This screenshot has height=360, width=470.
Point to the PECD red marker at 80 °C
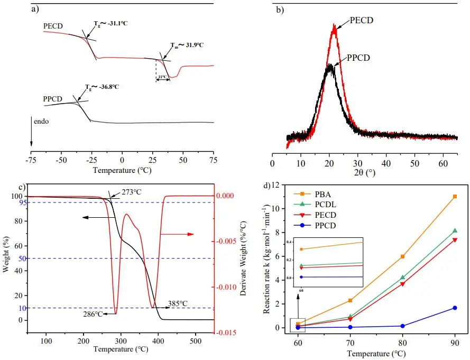coord(403,284)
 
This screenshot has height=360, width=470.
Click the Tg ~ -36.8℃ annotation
coord(102,87)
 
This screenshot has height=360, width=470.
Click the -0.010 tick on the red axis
coord(225,287)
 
